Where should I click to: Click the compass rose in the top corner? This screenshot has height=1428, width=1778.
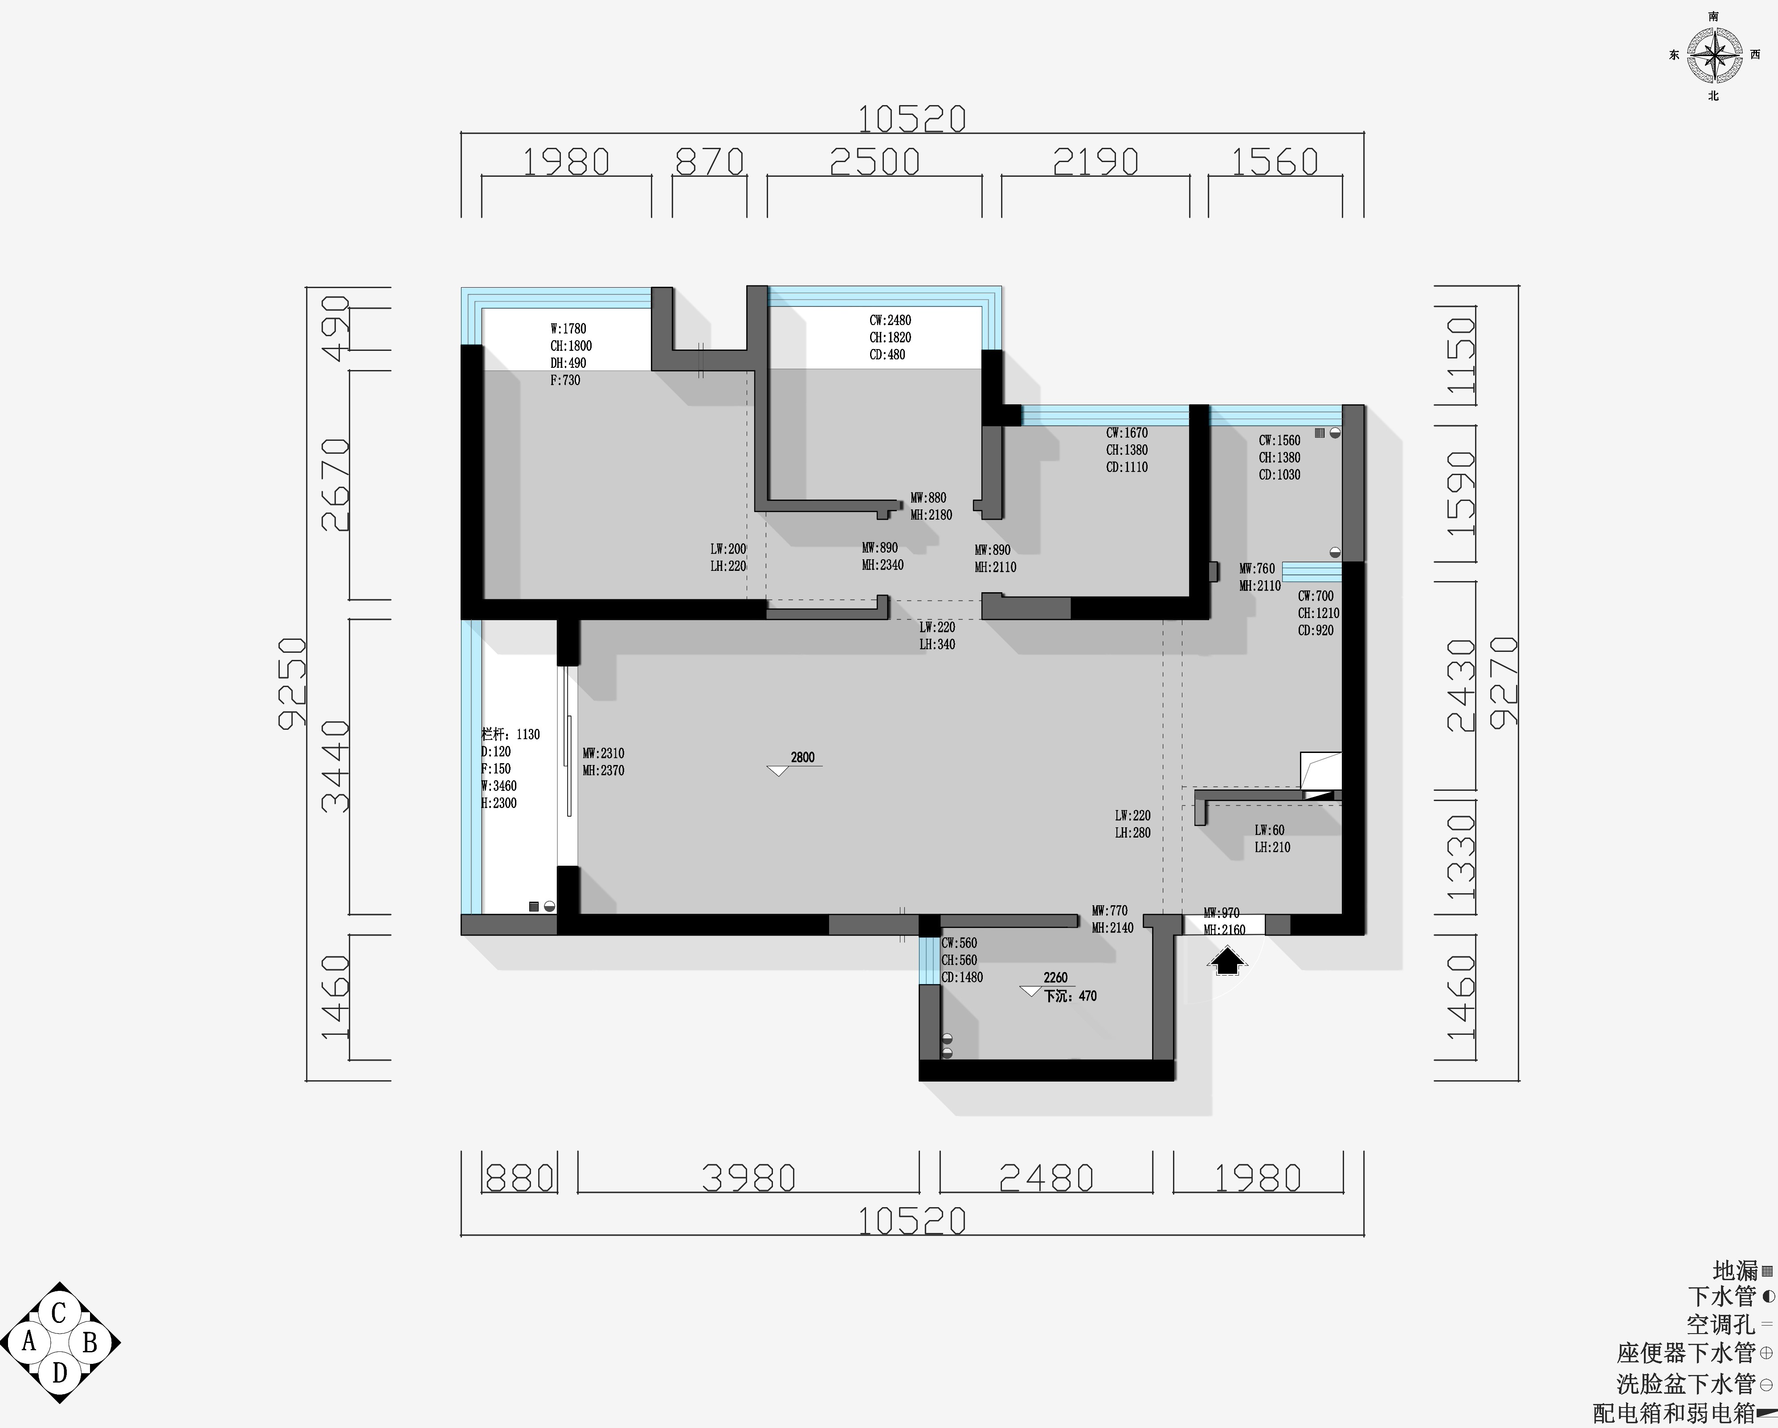(1714, 55)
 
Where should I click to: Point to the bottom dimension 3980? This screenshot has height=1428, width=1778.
(749, 1178)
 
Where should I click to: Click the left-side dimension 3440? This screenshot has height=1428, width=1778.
(335, 767)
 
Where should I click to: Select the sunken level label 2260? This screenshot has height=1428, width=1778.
(1055, 978)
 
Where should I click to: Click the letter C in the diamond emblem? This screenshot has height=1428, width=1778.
(58, 1313)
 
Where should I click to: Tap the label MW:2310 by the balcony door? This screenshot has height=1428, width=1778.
(604, 753)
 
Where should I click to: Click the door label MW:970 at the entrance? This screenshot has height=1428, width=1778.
(1221, 913)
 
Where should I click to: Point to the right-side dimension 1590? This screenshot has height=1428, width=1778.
(1460, 493)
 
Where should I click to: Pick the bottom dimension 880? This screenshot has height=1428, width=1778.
(519, 1178)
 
